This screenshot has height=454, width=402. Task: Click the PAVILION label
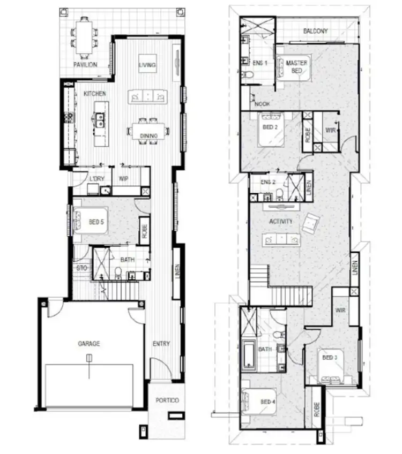click(85, 65)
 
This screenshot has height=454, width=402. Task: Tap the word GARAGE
click(89, 344)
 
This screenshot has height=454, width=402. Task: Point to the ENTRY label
click(161, 344)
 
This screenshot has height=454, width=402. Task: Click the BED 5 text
click(96, 221)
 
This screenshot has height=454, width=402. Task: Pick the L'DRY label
click(96, 178)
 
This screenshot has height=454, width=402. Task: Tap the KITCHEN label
click(95, 94)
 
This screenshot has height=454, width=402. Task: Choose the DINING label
click(148, 136)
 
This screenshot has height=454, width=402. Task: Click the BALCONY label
click(315, 31)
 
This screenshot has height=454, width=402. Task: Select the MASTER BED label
click(296, 66)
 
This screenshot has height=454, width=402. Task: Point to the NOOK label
click(263, 104)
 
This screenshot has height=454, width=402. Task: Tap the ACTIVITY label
click(280, 221)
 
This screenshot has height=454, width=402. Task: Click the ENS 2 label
click(268, 182)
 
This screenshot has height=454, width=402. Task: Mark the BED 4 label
click(268, 402)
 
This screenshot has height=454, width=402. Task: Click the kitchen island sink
click(100, 122)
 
